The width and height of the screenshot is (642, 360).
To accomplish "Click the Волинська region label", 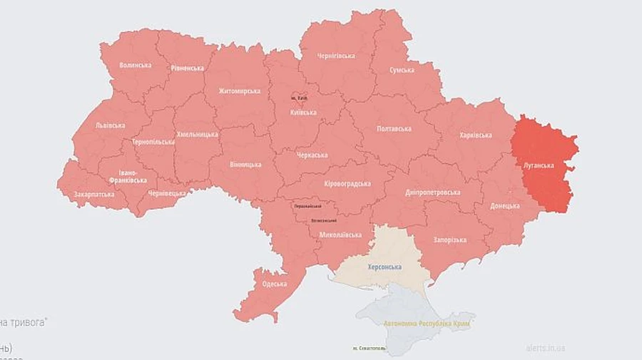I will [x=135, y=65].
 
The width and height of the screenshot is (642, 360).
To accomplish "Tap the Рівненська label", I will [x=187, y=68].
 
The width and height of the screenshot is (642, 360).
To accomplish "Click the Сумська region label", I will [x=402, y=71].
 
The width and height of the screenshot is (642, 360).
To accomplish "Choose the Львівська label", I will [x=110, y=125].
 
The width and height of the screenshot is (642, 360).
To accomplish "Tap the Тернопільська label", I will [x=153, y=142].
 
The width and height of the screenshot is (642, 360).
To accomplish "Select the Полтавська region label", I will [x=394, y=128].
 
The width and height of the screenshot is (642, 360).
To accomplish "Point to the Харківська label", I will [x=475, y=135].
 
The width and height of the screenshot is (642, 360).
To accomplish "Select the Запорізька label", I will [x=449, y=240].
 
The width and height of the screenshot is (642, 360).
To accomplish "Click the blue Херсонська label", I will [x=384, y=267].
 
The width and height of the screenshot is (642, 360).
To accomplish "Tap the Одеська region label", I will [x=274, y=284].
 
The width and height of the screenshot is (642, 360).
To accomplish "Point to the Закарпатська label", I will [x=93, y=193].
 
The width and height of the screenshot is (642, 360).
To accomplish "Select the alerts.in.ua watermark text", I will [x=545, y=348].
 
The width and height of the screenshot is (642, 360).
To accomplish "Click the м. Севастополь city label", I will [x=370, y=348].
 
